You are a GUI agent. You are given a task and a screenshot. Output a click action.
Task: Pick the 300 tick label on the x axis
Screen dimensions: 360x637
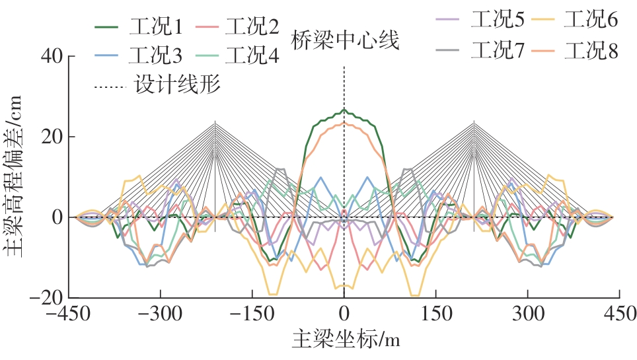[528, 314]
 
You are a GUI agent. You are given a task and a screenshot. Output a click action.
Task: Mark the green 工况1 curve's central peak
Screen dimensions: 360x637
[344, 110]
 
